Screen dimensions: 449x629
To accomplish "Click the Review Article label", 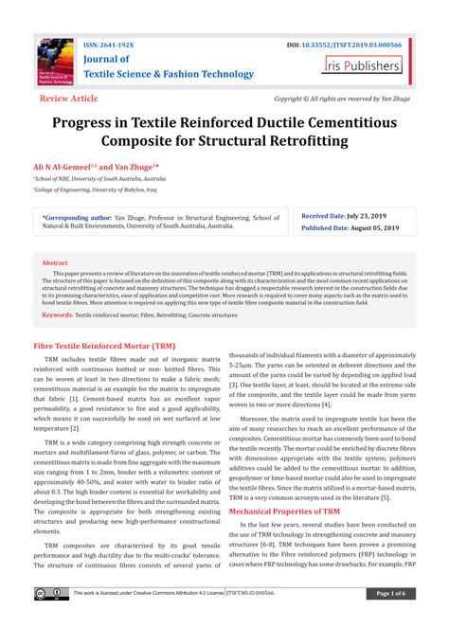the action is [68, 98].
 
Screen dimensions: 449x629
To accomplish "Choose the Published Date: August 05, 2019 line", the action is [351, 228].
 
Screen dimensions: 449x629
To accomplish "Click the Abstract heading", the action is [55, 262].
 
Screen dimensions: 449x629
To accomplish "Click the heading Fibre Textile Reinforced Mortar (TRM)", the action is [104, 348].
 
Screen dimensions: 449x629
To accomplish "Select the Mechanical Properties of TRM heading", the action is [286, 511].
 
